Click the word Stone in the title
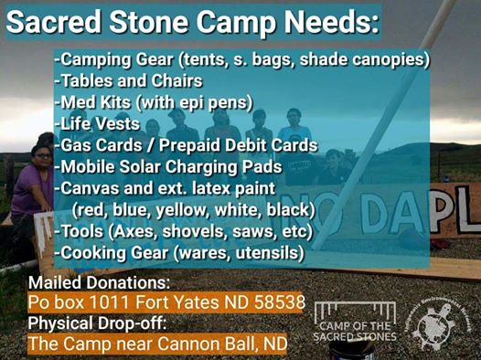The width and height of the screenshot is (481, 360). (149, 22)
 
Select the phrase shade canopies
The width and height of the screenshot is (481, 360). (363, 59)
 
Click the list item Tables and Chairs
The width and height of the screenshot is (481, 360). (129, 80)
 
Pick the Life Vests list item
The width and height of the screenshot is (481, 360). (97, 123)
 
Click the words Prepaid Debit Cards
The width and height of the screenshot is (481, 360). (238, 145)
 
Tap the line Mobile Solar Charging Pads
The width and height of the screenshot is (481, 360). (168, 167)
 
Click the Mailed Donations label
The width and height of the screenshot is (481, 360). (99, 282)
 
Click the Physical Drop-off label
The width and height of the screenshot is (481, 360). (97, 323)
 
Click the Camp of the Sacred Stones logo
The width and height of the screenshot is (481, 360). (355, 322)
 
